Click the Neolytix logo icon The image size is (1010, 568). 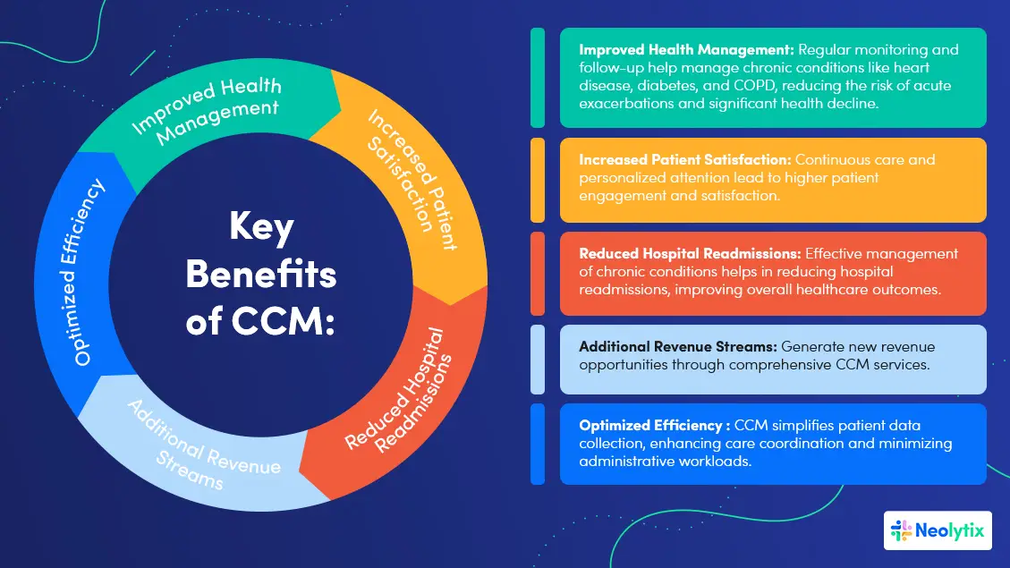coord(901,530)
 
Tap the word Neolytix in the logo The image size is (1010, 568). coord(950,531)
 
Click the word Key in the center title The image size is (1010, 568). coord(261,229)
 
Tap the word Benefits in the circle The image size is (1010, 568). coord(261,275)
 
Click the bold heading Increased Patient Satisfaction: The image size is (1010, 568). coord(685,160)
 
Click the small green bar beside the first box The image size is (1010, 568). coord(538,78)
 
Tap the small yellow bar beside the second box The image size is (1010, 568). coord(538,180)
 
